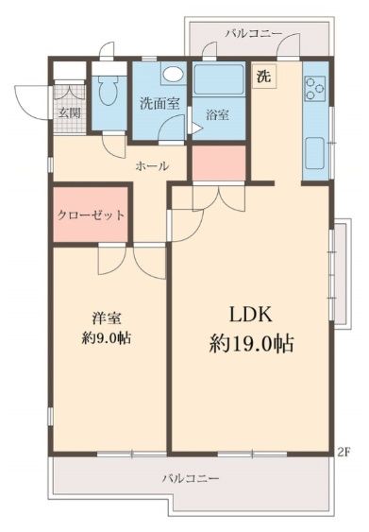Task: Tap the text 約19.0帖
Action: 250,344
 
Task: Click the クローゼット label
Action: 91,215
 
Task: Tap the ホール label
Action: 152,165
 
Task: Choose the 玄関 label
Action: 69,112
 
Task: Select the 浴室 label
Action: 217,114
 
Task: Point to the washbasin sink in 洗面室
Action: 172,75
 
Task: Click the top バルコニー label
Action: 254,33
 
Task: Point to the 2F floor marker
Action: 344,451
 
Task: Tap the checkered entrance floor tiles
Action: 69,94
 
